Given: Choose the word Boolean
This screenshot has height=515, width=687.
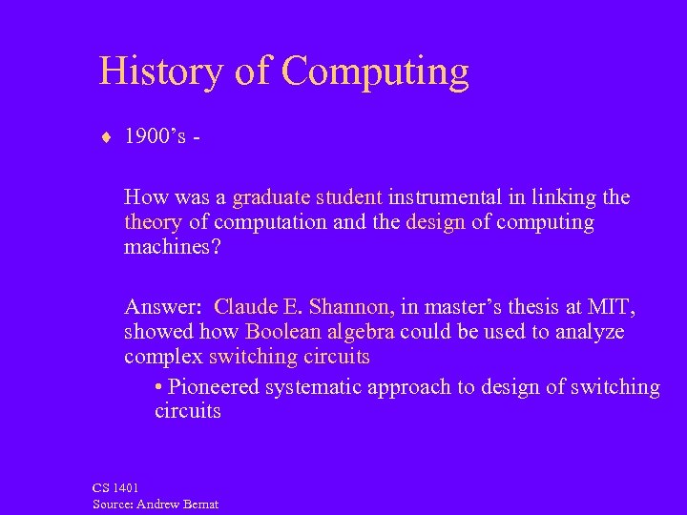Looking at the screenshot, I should click(x=283, y=332).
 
